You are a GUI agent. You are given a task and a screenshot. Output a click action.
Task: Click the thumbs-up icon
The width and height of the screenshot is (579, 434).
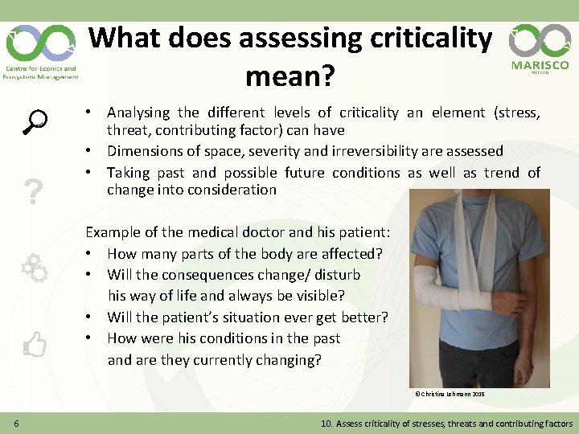coord(35,345)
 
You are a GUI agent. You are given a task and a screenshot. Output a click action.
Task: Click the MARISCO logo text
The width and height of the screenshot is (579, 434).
coord(540,65)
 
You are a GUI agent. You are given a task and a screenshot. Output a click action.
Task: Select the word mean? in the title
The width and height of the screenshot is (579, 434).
coord(289,77)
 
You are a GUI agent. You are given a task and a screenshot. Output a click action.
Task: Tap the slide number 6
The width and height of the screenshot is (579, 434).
coord(16,424)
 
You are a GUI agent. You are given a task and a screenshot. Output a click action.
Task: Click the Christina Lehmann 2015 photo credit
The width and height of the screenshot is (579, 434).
coord(450,395)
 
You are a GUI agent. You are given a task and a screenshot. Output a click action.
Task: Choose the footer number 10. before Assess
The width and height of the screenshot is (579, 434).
coord(327,424)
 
